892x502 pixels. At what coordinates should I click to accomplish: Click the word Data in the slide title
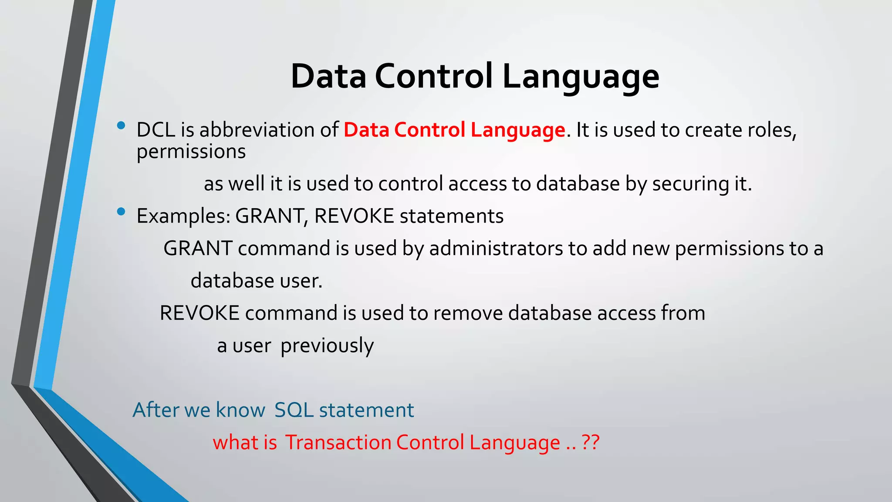tap(328, 76)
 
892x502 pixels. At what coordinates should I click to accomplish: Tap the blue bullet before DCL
tap(121, 126)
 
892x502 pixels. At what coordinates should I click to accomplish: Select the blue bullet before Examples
tap(121, 212)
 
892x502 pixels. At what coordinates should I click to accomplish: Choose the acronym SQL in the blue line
tap(294, 410)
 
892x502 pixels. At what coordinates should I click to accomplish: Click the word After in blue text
tap(155, 410)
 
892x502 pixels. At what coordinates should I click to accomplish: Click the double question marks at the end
tap(591, 443)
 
